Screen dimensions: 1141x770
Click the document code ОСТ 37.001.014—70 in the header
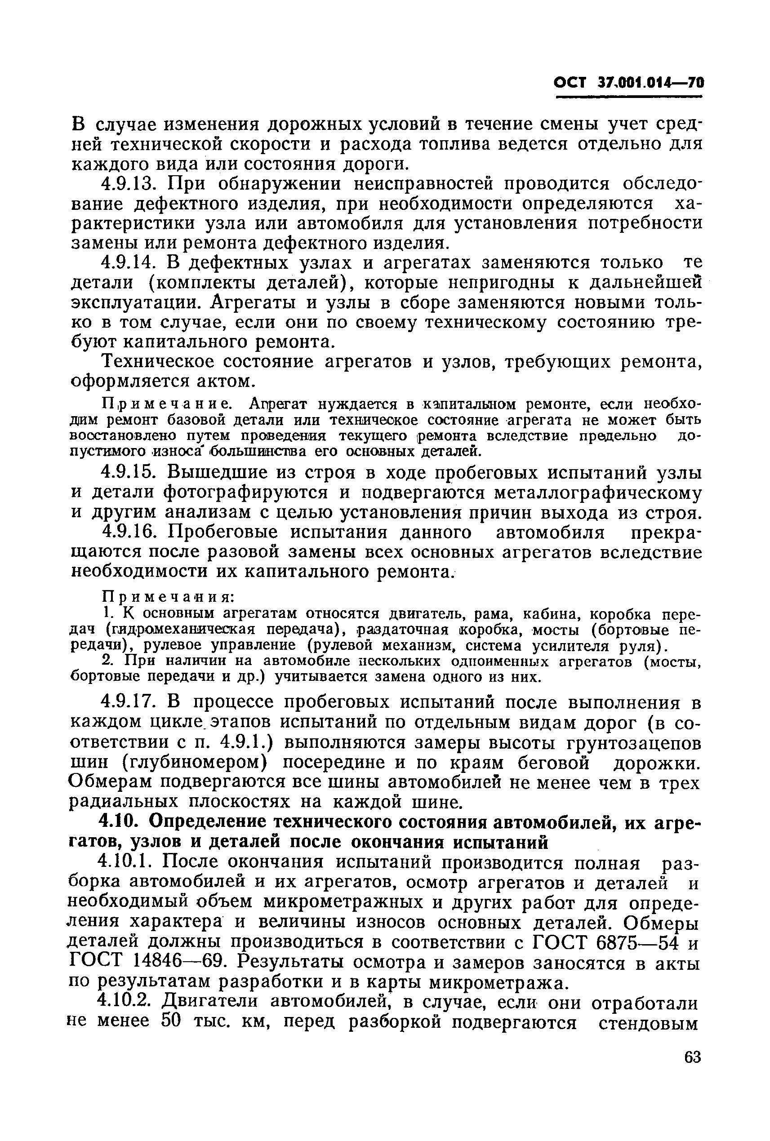pyautogui.click(x=628, y=82)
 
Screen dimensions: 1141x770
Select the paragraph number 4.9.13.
pyautogui.click(x=128, y=184)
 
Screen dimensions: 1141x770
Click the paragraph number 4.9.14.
pyautogui.click(x=128, y=263)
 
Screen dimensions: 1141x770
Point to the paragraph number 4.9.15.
pyautogui.click(x=128, y=472)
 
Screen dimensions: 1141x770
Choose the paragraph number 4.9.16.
pyautogui.click(x=128, y=532)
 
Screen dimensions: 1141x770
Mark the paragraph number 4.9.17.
pyautogui.click(x=128, y=702)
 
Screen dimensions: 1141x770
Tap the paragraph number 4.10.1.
pyautogui.click(x=126, y=861)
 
